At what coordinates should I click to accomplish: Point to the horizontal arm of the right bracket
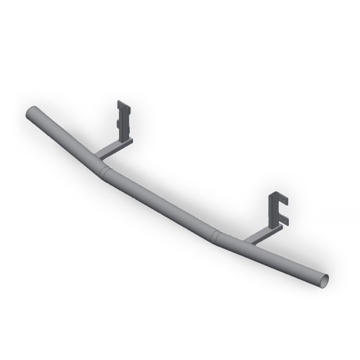click(x=262, y=234)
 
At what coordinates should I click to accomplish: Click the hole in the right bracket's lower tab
click(x=285, y=220)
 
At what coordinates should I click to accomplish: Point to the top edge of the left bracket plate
click(x=123, y=104)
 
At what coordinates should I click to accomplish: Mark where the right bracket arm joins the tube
click(x=249, y=241)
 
